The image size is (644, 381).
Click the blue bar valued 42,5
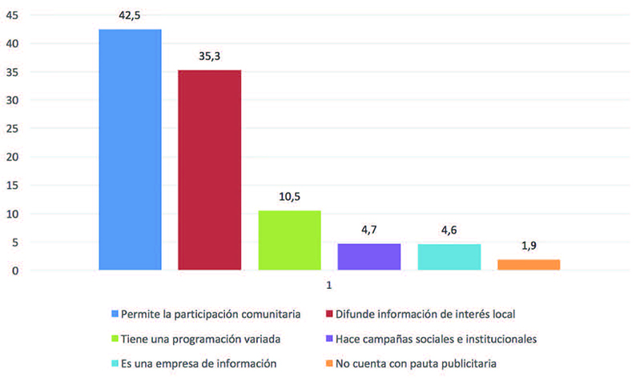pos(130,150)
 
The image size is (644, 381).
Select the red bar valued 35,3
pos(209,170)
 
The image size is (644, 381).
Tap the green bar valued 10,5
pos(289,240)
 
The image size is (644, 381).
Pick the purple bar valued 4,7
pos(368,257)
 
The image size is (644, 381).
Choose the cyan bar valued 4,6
pos(449,257)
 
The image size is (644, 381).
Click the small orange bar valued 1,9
pos(529,265)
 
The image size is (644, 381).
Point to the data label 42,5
pos(130,14)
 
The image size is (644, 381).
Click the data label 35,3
pos(210,56)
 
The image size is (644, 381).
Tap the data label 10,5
pos(289,196)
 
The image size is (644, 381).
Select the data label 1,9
pos(529,246)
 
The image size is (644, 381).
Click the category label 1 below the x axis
pos(328,285)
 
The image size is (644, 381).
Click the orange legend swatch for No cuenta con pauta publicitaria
pos(330,363)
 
